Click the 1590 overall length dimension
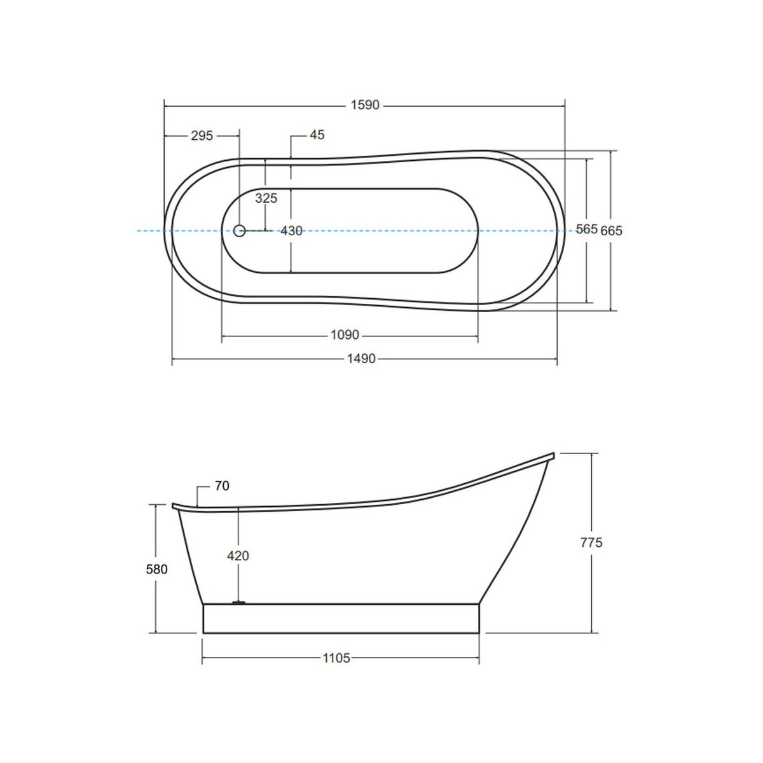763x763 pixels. pyautogui.click(x=365, y=105)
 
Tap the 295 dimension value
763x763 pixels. pyautogui.click(x=202, y=136)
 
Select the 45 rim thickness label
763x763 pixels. pyautogui.click(x=317, y=135)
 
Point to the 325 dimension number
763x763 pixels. pyautogui.click(x=266, y=198)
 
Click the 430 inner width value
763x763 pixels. pyautogui.click(x=291, y=230)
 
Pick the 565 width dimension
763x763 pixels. pyautogui.click(x=586, y=229)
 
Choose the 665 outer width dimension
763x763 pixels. pyautogui.click(x=611, y=230)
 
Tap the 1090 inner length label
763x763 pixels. pyautogui.click(x=345, y=335)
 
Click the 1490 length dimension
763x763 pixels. pyautogui.click(x=361, y=359)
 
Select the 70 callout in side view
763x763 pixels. pyautogui.click(x=222, y=486)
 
